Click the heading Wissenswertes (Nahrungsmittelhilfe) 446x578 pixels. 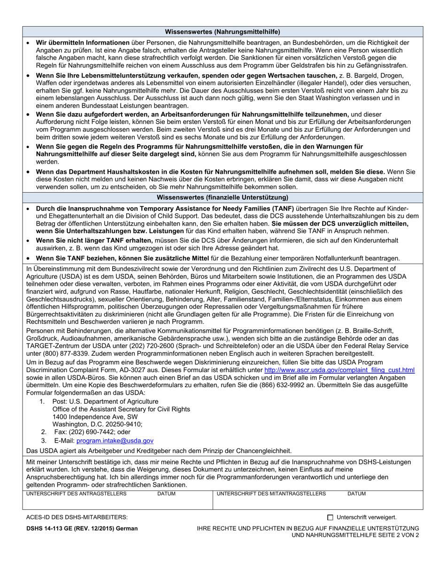[x=223, y=32]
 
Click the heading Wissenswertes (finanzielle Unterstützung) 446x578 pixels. [x=223, y=197]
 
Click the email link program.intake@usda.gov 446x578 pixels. [x=115, y=441]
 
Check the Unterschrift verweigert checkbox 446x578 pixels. [x=330, y=517]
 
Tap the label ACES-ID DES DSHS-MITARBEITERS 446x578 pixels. [x=77, y=517]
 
